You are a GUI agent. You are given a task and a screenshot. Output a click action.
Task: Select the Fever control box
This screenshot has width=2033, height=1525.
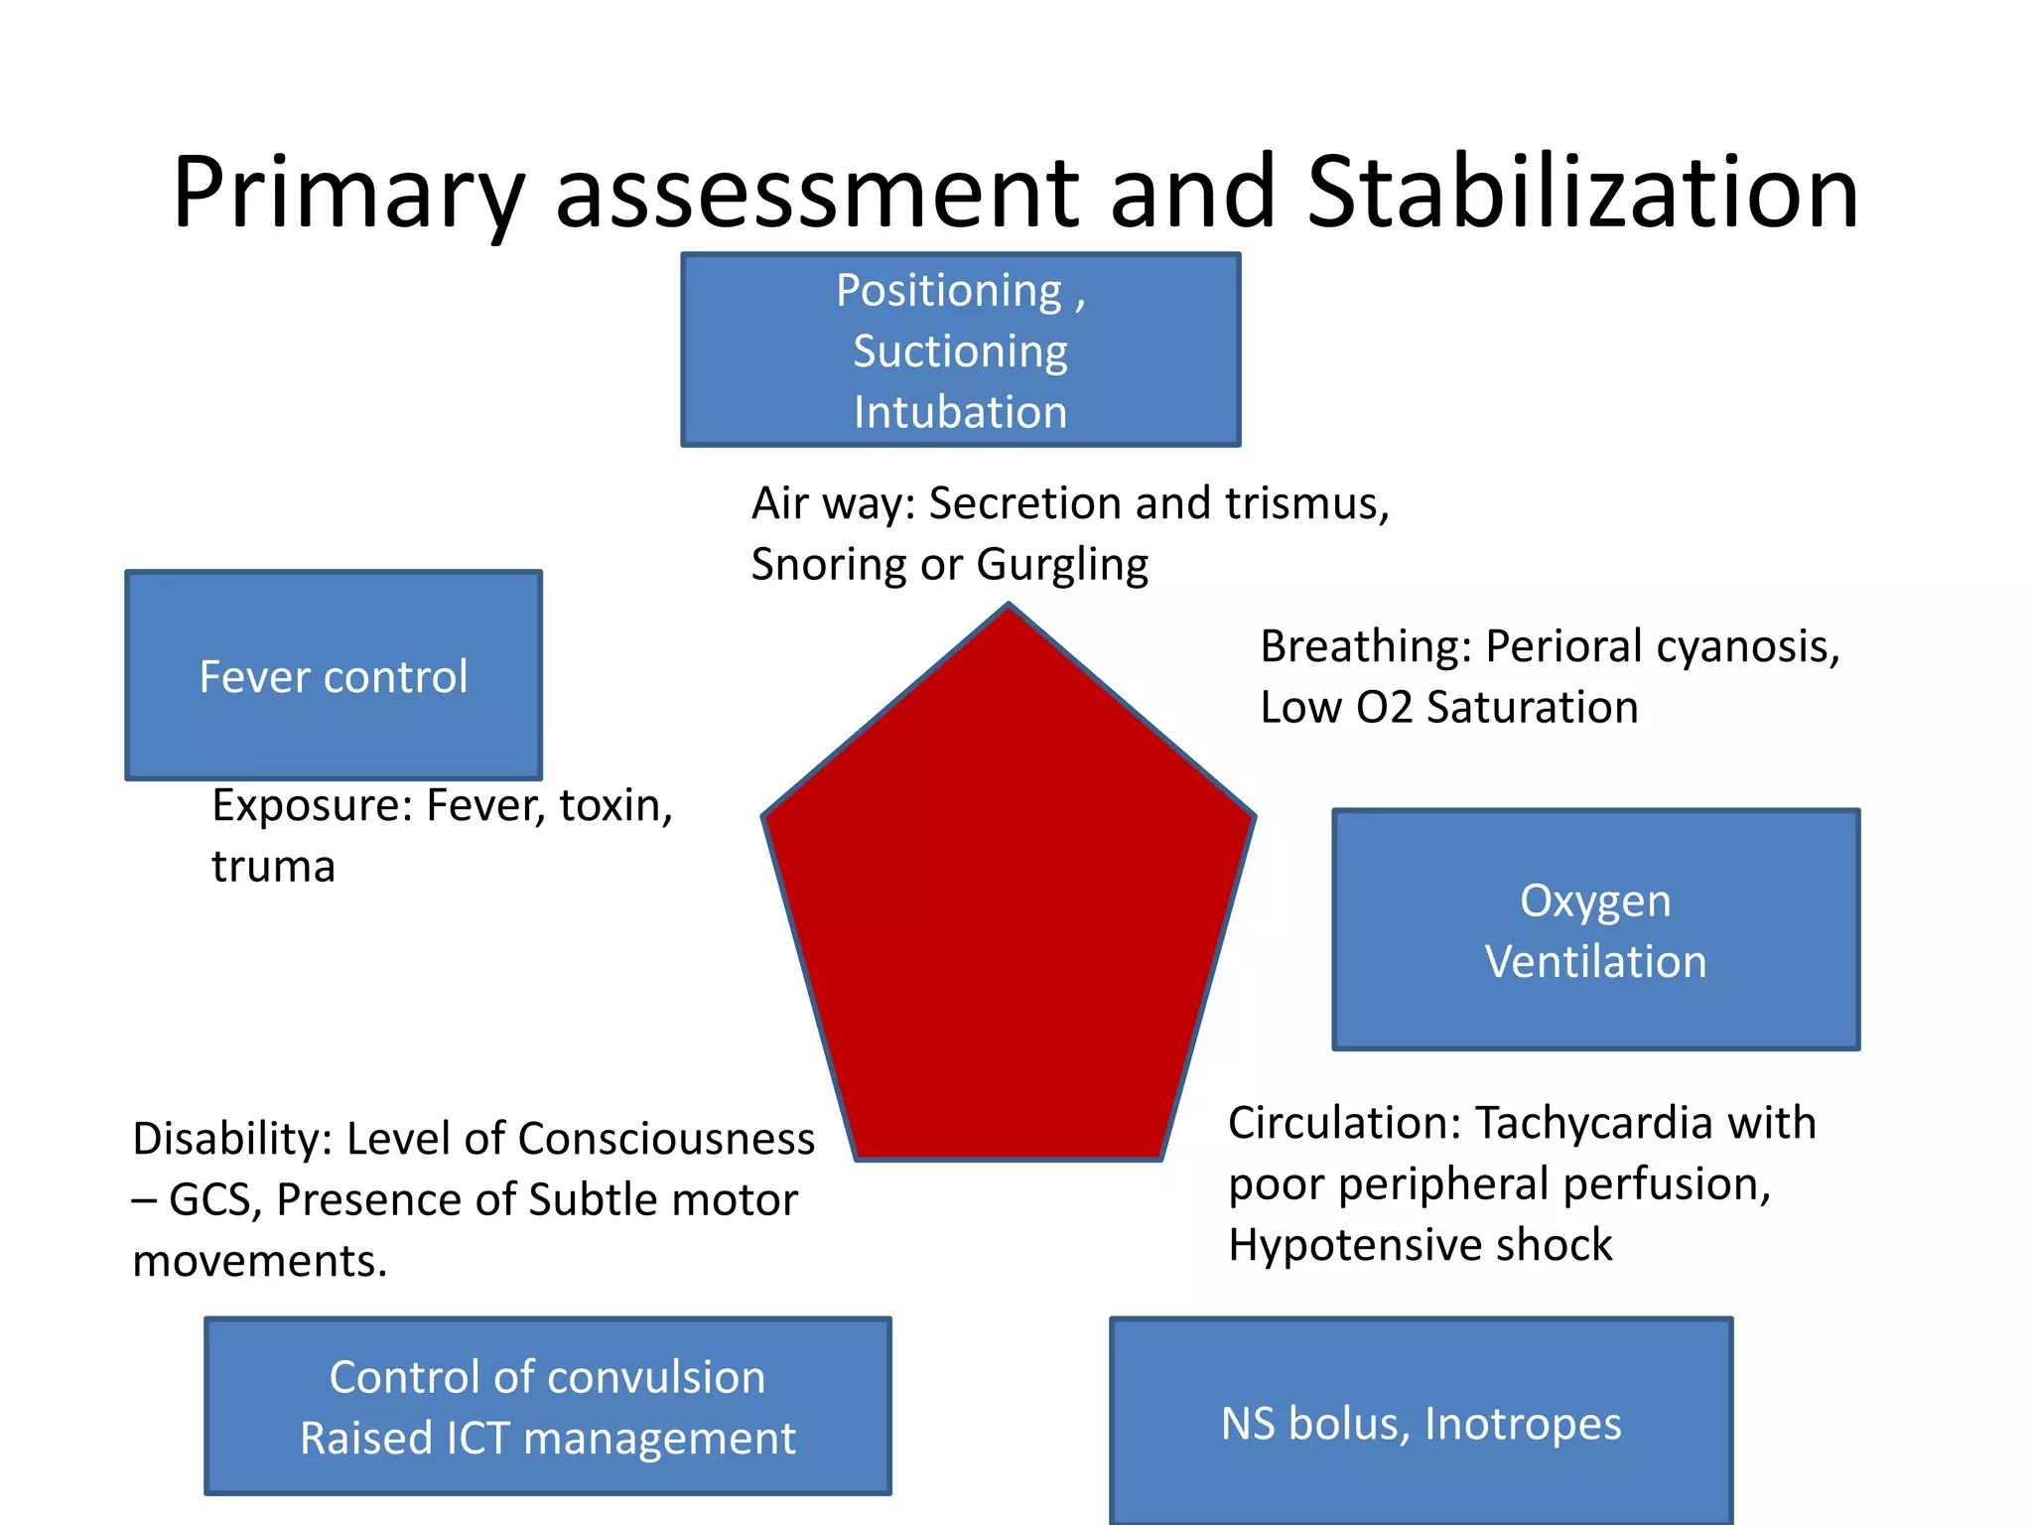[x=334, y=675]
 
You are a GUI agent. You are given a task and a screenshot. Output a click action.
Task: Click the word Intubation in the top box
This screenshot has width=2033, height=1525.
[x=960, y=412]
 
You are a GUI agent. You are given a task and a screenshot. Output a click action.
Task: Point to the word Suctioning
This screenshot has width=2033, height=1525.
[x=960, y=351]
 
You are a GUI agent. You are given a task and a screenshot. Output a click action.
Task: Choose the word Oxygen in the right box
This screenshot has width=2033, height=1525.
[x=1595, y=901]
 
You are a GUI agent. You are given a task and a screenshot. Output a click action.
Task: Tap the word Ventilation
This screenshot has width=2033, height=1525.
[x=1595, y=961]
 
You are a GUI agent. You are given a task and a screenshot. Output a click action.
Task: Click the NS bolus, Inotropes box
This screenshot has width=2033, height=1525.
[x=1421, y=1422]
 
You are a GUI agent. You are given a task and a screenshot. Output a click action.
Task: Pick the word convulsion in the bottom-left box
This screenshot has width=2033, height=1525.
[x=656, y=1377]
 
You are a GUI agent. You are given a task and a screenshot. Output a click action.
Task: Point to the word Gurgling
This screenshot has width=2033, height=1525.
[x=1062, y=565]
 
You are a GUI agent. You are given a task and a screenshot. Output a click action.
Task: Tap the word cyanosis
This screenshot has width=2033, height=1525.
[x=1748, y=646]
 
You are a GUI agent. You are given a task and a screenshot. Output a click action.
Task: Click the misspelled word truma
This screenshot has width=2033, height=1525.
[x=273, y=867]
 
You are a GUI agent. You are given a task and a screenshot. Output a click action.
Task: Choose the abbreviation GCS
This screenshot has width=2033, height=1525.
[x=214, y=1199]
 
